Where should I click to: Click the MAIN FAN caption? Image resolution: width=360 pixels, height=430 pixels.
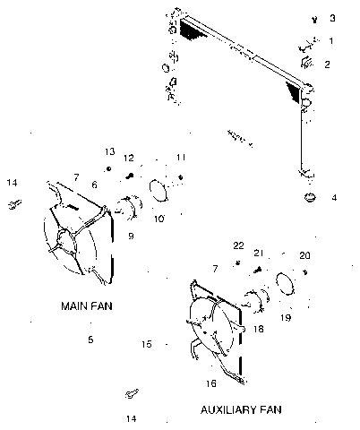(87, 306)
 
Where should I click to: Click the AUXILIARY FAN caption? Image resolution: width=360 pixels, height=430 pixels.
(241, 409)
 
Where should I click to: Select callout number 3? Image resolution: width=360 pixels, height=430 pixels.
(332, 18)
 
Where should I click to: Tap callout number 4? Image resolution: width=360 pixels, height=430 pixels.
(334, 197)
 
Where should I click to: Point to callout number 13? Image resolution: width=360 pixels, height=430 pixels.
(109, 151)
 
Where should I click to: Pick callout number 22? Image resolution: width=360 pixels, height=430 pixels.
(238, 245)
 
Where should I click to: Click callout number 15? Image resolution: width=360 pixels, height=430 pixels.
(147, 344)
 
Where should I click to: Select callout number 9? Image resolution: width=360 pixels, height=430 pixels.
(131, 236)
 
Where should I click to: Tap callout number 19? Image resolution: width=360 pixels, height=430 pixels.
(286, 317)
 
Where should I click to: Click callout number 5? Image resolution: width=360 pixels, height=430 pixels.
(90, 340)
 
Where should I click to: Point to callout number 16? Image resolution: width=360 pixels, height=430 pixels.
(210, 383)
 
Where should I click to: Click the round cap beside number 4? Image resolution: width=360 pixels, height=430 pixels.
(310, 197)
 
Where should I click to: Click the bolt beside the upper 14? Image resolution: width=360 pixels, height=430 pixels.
(14, 204)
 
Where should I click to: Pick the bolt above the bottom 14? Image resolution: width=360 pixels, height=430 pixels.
(132, 393)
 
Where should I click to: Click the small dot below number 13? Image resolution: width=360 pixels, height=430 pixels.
(109, 169)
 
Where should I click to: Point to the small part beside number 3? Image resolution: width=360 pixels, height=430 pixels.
(314, 20)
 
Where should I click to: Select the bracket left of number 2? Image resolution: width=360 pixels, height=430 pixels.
(306, 63)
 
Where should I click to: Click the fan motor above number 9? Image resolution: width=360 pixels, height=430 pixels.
(129, 207)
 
